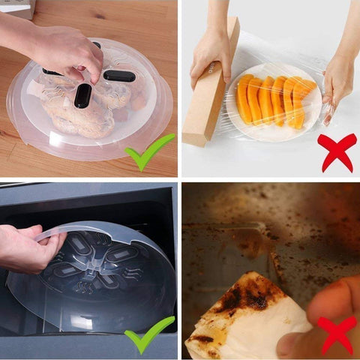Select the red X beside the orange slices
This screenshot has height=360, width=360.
click(336, 151)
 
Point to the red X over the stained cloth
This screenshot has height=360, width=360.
click(335, 334)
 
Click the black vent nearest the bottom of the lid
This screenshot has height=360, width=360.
click(82, 95)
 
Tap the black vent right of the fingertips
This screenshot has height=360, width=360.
click(120, 76)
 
